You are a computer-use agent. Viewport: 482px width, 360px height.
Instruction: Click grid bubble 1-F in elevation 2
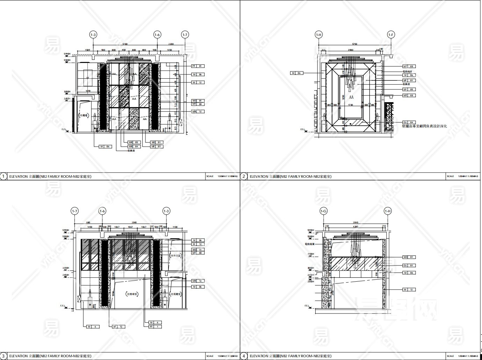pyautogui.click(x=391, y=35)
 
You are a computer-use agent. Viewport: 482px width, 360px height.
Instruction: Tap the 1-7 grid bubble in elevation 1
pyautogui.click(x=185, y=35)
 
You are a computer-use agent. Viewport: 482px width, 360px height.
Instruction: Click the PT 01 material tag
pyautogui.click(x=197, y=66)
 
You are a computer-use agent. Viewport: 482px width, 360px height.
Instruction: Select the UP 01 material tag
pyautogui.click(x=409, y=80)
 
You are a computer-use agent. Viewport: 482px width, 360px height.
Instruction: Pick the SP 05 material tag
pyautogui.click(x=409, y=90)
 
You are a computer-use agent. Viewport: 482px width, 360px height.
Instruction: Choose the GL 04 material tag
pyautogui.click(x=409, y=122)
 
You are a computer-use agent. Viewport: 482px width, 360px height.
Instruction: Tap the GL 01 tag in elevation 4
pyautogui.click(x=409, y=266)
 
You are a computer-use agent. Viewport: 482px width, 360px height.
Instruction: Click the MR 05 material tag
pyautogui.click(x=133, y=142)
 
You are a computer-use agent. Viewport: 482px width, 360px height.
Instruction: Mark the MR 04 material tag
pyautogui.click(x=133, y=147)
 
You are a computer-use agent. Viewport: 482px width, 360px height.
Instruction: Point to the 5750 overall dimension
pyautogui.click(x=354, y=44)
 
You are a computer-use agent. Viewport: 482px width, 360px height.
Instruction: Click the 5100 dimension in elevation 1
pyautogui.click(x=125, y=44)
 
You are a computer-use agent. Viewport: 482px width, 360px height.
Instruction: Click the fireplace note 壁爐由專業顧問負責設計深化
pyautogui.click(x=425, y=126)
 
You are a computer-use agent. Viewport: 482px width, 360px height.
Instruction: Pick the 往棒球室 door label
pyautogui.click(x=132, y=295)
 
